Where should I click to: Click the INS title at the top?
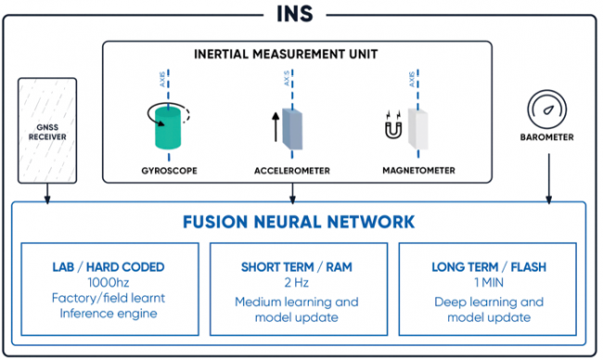(x=301, y=12)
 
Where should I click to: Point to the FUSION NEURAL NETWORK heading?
(x=299, y=223)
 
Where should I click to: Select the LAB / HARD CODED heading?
(x=110, y=267)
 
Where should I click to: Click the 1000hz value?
(x=110, y=283)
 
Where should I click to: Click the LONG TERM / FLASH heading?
(x=487, y=267)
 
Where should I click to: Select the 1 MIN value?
(x=487, y=283)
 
